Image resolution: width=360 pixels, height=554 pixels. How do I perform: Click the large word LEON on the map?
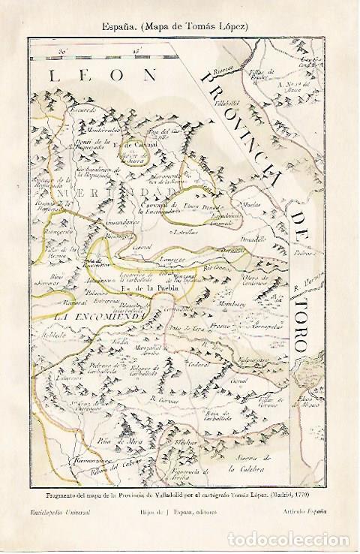100,75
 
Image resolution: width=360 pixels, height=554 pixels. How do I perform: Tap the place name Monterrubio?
85,129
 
